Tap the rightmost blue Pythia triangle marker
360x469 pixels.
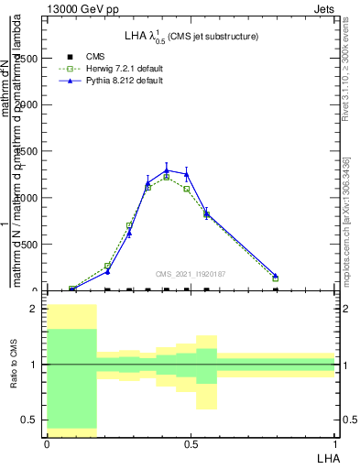276,275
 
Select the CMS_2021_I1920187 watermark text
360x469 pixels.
191,272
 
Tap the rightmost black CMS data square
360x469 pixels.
276,289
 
